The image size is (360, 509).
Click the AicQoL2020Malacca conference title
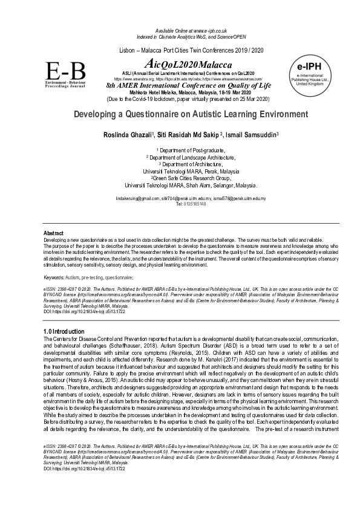point(181,63)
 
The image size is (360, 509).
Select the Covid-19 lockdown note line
point(180,99)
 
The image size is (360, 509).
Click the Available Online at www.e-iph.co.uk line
point(180,30)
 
